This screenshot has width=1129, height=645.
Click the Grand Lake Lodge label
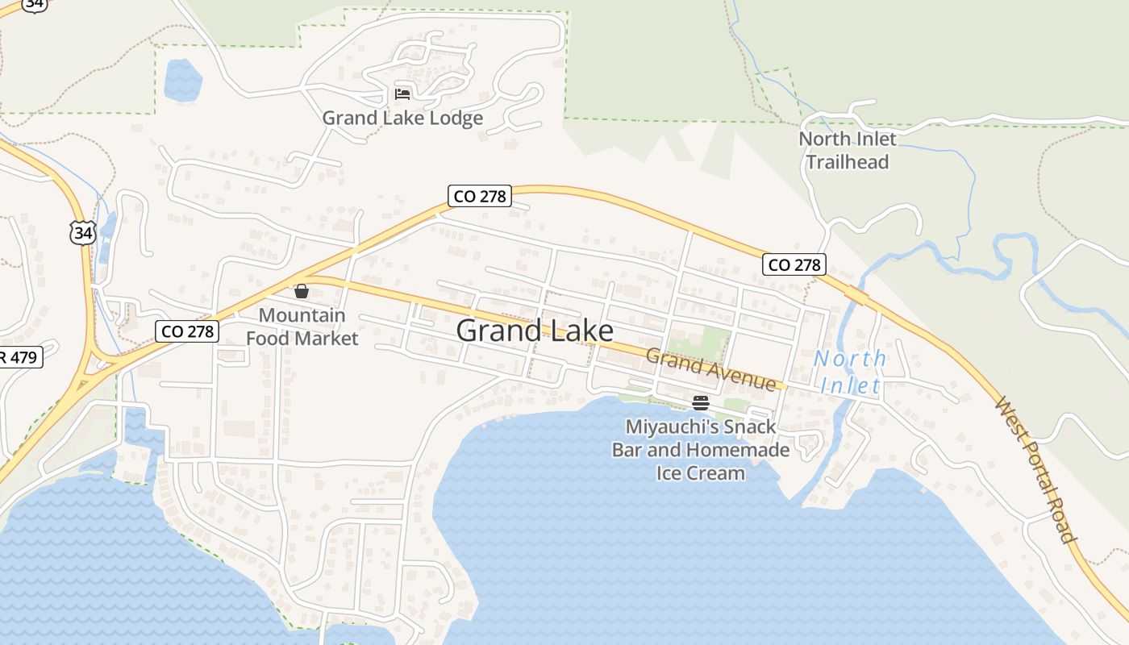402,119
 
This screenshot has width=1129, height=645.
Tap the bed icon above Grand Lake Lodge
402,94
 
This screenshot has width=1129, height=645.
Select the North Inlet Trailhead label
847,150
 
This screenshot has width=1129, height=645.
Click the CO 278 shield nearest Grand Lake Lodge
480,196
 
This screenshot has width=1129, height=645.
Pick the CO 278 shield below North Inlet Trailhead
794,264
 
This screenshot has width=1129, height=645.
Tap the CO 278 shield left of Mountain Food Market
186,331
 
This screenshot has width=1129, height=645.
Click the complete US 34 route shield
82,233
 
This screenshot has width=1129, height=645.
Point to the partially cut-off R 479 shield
19,357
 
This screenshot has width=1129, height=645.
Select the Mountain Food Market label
302,327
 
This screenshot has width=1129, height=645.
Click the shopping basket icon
302,291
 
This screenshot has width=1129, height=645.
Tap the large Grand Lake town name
534,331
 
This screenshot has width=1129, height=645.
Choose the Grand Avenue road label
710,368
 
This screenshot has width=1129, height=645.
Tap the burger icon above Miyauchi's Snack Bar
700,402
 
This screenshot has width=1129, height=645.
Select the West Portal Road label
1037,469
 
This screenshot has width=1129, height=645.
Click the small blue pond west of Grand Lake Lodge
182,80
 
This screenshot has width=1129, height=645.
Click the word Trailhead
847,162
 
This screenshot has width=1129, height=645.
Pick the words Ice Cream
700,472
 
